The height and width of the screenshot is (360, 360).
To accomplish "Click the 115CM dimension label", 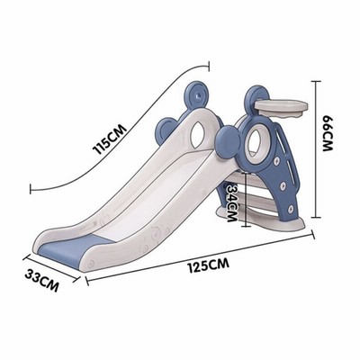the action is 110,139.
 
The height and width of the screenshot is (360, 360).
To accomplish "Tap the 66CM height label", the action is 328,133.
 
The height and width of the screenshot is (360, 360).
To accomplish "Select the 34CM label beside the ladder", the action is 232,203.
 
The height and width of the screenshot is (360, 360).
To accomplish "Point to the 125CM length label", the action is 209,265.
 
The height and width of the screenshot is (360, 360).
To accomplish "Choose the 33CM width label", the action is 41,280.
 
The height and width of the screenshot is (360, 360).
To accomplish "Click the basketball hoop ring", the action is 281,106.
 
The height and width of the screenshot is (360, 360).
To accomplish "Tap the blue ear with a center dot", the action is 197,95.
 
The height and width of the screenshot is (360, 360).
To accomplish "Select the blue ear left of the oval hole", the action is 166,130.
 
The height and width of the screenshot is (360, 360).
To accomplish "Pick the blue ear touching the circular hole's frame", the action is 229,141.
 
